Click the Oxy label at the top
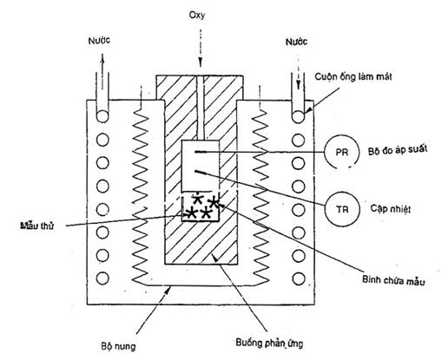click(x=197, y=15)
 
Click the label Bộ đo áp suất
click(x=398, y=150)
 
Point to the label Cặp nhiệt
click(x=391, y=208)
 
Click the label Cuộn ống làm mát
click(x=353, y=76)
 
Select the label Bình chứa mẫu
click(x=393, y=280)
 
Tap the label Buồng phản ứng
click(x=269, y=344)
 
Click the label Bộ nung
click(x=118, y=346)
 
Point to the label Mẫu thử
click(x=37, y=226)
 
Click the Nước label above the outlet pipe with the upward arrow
click(x=99, y=41)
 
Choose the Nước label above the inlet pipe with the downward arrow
click(x=296, y=43)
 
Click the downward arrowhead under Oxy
click(x=200, y=62)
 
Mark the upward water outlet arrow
click(x=102, y=71)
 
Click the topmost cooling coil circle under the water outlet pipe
click(x=102, y=116)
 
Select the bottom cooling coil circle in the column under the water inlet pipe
click(x=299, y=278)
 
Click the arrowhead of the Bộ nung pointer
click(x=168, y=289)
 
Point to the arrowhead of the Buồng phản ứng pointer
click(x=215, y=257)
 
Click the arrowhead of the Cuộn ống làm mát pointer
click(x=308, y=110)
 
